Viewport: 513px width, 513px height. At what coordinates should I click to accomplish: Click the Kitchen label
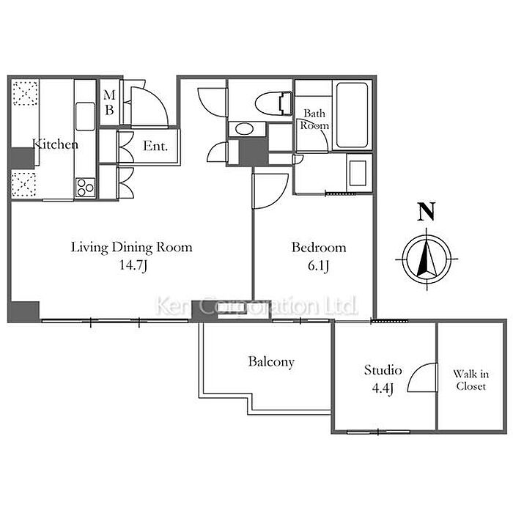point(55,144)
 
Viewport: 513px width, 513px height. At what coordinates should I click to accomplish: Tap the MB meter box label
point(110,103)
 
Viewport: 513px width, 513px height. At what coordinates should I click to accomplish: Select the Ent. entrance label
point(155,146)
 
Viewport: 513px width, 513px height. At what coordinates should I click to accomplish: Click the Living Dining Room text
point(131,248)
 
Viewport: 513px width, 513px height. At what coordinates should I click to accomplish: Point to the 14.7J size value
point(133,265)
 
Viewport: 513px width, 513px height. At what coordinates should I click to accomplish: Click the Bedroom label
point(319,248)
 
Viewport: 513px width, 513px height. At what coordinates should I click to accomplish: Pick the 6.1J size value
point(318,265)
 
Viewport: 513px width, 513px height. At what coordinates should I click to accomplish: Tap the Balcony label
point(271,362)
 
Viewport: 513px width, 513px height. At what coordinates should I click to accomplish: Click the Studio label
point(383,370)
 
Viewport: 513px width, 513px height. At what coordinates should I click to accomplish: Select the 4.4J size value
point(383,388)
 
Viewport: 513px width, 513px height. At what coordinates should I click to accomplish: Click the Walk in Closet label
point(470,380)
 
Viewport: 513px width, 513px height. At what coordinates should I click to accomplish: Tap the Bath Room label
point(314,119)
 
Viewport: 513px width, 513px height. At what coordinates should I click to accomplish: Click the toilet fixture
point(273,104)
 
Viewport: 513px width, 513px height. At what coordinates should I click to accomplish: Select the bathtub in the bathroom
point(352,116)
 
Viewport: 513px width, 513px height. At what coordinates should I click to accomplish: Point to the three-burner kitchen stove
point(85,188)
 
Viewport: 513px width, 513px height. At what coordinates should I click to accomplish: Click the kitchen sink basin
point(85,117)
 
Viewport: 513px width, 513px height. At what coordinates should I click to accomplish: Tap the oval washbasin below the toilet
point(244,129)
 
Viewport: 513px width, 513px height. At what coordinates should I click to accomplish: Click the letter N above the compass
point(427,211)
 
